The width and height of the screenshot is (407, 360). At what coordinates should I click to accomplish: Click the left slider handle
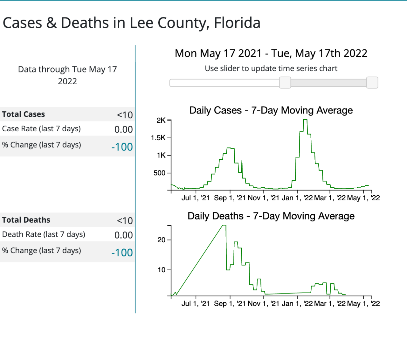[285, 83]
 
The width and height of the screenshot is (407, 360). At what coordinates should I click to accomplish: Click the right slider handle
[372, 83]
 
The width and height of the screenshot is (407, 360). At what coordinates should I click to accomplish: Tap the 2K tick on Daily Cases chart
[161, 120]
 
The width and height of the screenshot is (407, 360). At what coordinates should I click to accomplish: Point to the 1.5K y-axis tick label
[158, 138]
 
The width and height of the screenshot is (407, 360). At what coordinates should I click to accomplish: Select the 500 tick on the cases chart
[159, 173]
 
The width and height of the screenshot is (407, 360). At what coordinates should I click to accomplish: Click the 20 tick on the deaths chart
[162, 240]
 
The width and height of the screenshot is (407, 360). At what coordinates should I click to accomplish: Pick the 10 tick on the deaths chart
[162, 270]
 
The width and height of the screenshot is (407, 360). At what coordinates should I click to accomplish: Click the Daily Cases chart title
[271, 110]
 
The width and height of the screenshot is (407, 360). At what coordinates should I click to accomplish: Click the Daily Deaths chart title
[271, 216]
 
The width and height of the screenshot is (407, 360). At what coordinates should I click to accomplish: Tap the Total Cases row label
[24, 114]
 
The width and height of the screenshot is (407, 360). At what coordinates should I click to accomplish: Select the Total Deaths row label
[26, 220]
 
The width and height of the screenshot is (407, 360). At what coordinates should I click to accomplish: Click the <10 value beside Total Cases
[125, 115]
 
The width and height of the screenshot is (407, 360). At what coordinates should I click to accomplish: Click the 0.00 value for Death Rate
[123, 235]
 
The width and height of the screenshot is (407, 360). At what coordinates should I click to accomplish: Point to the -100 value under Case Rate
[122, 147]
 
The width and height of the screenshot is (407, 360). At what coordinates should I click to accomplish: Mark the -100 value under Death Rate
[122, 253]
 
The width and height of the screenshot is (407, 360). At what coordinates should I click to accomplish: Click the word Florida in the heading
[237, 23]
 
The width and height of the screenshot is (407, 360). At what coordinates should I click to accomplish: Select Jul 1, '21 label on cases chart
[195, 198]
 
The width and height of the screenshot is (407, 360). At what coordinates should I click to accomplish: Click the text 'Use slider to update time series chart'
[271, 68]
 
